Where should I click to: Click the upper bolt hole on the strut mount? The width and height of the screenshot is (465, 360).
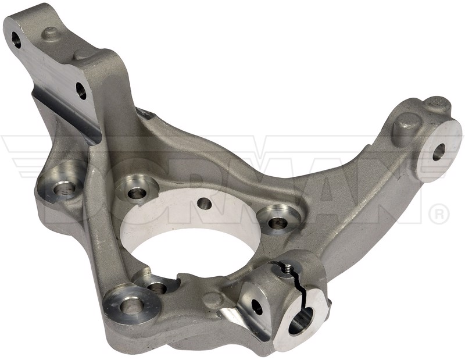[16, 40]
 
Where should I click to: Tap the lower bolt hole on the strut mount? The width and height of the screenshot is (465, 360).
[81, 91]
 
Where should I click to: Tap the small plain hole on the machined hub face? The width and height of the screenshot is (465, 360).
[205, 204]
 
